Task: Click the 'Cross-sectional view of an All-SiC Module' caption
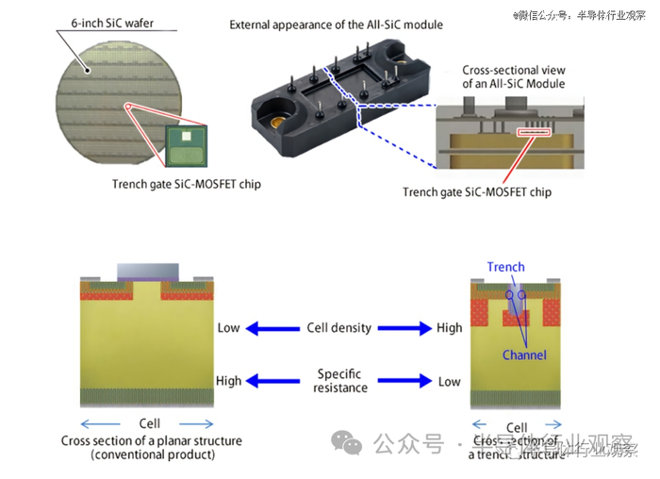click(514, 77)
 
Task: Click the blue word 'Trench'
click(506, 267)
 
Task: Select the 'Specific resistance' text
click(339, 381)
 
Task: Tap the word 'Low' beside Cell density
click(229, 328)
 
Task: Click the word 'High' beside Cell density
click(450, 328)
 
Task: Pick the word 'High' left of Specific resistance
click(229, 381)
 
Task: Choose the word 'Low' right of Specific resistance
click(450, 381)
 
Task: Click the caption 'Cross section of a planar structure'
click(152, 440)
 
